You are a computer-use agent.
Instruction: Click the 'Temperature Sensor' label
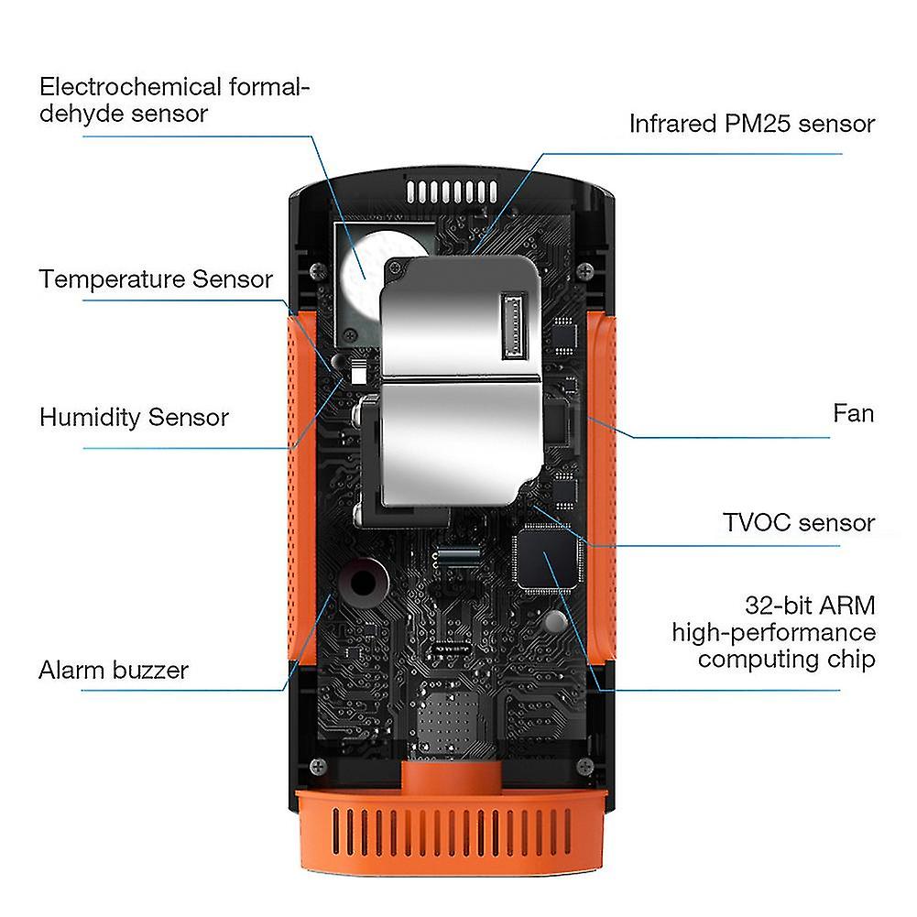coord(156,279)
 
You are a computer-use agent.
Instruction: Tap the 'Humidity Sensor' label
coord(134,418)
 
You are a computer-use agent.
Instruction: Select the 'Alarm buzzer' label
coord(114,671)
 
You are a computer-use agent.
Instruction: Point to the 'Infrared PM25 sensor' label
coord(752,124)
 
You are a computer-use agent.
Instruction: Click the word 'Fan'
coord(854,413)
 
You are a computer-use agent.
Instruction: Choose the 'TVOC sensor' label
coord(799,523)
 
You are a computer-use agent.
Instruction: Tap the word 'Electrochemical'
coord(130,87)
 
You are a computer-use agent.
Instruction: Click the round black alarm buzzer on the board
coord(362,583)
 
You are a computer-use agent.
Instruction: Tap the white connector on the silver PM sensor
coord(513,325)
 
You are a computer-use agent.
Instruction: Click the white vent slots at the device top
coord(452,191)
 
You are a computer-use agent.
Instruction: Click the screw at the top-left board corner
coord(318,270)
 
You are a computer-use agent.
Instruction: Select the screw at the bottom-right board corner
coord(584,766)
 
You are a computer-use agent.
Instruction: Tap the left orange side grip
coord(301,488)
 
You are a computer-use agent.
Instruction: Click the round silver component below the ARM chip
coord(555,621)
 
